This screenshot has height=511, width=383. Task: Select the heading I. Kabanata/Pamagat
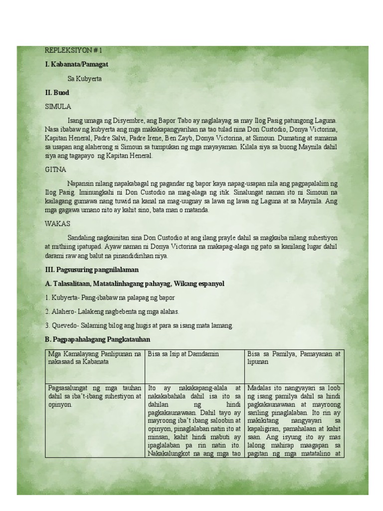pyautogui.click(x=76, y=64)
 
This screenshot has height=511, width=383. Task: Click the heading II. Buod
pyautogui.click(x=57, y=93)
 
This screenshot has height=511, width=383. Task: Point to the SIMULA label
pyautogui.click(x=58, y=107)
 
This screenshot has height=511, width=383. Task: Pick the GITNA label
pyautogui.click(x=55, y=170)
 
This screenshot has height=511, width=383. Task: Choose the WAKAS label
pyautogui.click(x=57, y=223)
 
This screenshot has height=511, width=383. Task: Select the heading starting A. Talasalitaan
pyautogui.click(x=135, y=283)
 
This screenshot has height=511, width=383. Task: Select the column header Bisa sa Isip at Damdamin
pyautogui.click(x=184, y=354)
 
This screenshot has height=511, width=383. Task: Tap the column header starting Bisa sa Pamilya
pyautogui.click(x=294, y=357)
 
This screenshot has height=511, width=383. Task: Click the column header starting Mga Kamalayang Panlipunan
pyautogui.click(x=95, y=357)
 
